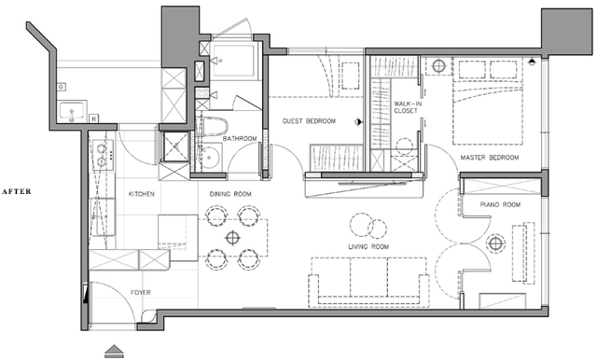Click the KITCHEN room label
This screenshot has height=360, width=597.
[x=141, y=194]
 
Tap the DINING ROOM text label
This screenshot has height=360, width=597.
[x=230, y=194]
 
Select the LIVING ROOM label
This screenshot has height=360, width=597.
[x=368, y=246]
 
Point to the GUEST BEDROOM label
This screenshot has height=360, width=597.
[x=309, y=121]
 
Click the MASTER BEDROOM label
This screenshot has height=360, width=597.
[x=490, y=158]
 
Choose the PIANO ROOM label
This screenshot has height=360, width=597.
[x=500, y=205]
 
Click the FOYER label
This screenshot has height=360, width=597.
[x=141, y=292]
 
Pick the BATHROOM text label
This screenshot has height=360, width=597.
[x=240, y=139]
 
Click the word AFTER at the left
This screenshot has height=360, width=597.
[x=17, y=191]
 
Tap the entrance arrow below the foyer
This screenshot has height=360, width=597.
[x=114, y=352]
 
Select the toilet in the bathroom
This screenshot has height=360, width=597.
[x=212, y=126]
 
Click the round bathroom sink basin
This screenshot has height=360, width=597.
[x=209, y=158]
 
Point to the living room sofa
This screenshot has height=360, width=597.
[x=368, y=282]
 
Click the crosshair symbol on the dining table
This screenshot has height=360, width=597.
[x=232, y=238]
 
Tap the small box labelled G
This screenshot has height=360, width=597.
[x=61, y=87]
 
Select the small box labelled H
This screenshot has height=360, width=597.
[x=93, y=118]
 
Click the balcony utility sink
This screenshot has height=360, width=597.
[x=73, y=111]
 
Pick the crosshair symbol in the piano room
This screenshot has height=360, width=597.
[x=495, y=242]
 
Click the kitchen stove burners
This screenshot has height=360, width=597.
[x=102, y=155]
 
